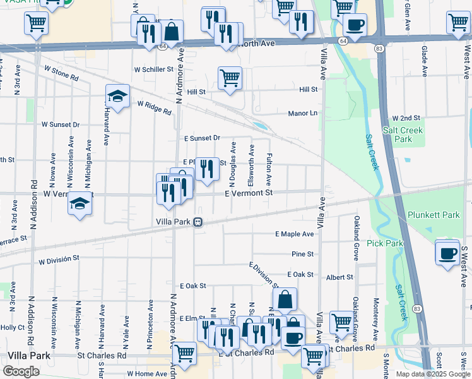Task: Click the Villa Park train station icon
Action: tap(198, 222)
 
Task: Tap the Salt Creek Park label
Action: tap(403, 135)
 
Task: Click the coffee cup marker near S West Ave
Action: tap(447, 254)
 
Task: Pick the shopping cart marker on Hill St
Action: tap(230, 79)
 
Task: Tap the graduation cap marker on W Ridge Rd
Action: tap(117, 97)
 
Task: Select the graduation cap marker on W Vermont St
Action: tap(80, 204)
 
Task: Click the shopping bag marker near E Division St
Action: tap(285, 300)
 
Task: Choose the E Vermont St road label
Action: tap(248, 193)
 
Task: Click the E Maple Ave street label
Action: tap(294, 234)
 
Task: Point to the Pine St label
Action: tap(302, 254)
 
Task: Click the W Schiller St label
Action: tap(153, 69)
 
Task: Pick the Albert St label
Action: tap(339, 277)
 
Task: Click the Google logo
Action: tap(21, 371)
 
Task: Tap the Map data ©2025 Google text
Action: tap(432, 374)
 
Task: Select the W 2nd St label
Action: tap(406, 118)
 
